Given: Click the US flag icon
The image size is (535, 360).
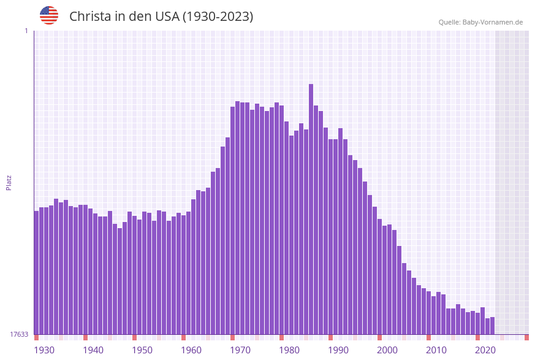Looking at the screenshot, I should pyautogui.click(x=49, y=15).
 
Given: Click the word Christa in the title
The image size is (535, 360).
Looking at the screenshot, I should pyautogui.click(x=89, y=17).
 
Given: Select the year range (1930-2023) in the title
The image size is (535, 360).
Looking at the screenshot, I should pyautogui.click(x=218, y=17).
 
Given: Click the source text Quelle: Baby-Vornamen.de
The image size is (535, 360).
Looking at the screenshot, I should pyautogui.click(x=480, y=22).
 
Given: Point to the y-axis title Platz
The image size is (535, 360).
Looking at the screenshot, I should pyautogui.click(x=9, y=182).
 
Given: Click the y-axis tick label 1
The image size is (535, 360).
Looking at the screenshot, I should pyautogui.click(x=26, y=31).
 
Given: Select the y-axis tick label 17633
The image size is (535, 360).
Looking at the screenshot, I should pyautogui.click(x=18, y=334).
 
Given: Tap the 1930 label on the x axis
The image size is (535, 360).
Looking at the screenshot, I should pyautogui.click(x=44, y=350).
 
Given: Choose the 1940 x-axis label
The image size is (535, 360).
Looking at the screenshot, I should pyautogui.click(x=93, y=350).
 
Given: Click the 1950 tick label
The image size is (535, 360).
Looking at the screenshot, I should pyautogui.click(x=142, y=350).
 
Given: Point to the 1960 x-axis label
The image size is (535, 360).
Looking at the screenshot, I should pyautogui.click(x=191, y=350).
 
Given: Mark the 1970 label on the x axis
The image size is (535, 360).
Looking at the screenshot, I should pyautogui.click(x=240, y=350).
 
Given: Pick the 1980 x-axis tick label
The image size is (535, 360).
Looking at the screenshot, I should pyautogui.click(x=289, y=350).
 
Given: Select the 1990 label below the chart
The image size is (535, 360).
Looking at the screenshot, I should pyautogui.click(x=338, y=350).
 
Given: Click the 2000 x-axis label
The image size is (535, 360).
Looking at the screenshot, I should pyautogui.click(x=387, y=350).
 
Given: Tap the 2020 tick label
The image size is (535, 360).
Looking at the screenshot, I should pyautogui.click(x=485, y=350).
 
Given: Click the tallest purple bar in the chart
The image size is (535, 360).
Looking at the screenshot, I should pyautogui.click(x=311, y=209).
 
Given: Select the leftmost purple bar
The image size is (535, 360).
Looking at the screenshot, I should pyautogui.click(x=36, y=273).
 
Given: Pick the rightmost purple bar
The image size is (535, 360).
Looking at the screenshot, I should pyautogui.click(x=492, y=326).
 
